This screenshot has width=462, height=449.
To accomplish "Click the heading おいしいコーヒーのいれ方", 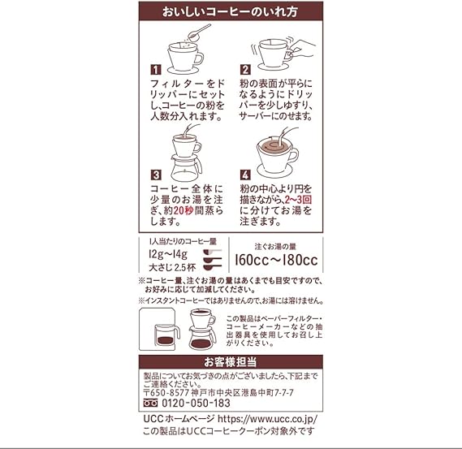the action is tap(230, 12).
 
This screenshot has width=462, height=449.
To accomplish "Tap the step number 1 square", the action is tap(156, 70).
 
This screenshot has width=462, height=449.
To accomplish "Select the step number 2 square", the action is tap(245, 70).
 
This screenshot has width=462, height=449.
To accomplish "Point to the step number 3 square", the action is tap(156, 175).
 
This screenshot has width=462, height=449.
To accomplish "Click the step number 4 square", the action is tap(245, 175).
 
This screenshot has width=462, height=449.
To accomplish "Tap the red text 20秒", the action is tap(184, 210).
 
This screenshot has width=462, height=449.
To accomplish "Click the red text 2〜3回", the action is tap(298, 200).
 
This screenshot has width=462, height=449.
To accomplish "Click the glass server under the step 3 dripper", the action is tap(186, 169).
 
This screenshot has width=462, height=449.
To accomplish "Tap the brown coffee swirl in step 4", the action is tap(274, 146).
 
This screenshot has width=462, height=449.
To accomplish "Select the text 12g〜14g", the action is tap(168, 254).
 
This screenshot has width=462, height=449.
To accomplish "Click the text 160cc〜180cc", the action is tap(276, 260).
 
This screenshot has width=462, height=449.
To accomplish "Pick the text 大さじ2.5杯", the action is tap(172, 267).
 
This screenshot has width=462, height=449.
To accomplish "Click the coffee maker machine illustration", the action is tap(160, 329).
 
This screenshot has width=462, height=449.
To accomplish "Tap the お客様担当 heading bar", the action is tap(231, 362).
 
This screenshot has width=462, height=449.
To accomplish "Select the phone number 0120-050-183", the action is tap(196, 403).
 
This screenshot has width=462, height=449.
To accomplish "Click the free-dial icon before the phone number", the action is tap(150, 403).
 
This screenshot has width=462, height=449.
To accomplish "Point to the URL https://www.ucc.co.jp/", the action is tap(267, 419).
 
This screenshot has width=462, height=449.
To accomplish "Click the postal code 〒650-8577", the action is tap(166, 393).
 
